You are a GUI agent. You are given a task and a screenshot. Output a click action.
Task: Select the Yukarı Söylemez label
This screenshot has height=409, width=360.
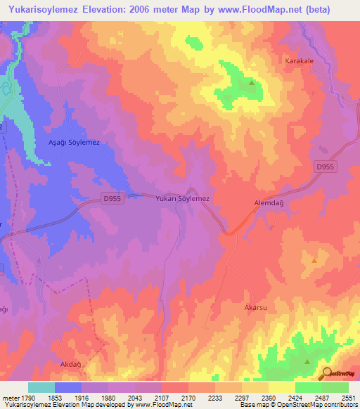point(183,199)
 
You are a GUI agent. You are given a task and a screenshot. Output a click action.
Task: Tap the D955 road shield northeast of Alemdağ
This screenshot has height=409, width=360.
point(324,165)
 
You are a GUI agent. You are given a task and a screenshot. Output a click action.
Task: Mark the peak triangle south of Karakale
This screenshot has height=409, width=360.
point(251,84)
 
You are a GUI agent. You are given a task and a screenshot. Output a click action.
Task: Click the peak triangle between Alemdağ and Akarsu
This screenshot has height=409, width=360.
point(314,261)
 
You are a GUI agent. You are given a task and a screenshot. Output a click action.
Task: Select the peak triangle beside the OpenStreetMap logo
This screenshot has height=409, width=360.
point(307,362)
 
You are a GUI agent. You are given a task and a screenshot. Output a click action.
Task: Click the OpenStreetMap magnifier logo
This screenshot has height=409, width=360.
point(328,373)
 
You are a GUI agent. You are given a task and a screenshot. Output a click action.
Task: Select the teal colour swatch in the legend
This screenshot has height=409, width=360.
point(41,387)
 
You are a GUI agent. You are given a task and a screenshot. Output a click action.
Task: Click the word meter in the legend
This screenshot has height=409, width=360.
point(10,398)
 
